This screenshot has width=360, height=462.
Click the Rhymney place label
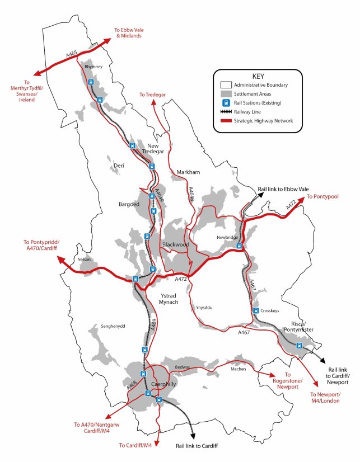point(93,67)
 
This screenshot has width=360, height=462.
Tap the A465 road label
point(71,54)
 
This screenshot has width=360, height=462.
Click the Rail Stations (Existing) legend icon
point(226,103)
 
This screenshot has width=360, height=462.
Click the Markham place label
point(188,172)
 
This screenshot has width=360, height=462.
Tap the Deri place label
point(118,166)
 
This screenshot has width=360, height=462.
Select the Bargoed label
point(129,205)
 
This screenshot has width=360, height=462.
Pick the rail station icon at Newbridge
point(239,246)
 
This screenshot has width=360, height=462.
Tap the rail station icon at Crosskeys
point(255,310)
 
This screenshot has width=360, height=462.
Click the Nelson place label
point(84,259)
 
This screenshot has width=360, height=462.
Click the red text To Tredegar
point(153,95)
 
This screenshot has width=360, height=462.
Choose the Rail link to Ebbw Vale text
point(283,189)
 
